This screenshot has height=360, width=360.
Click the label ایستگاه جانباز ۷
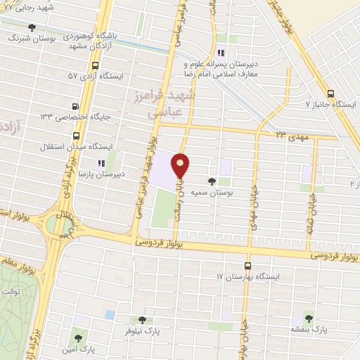click(331, 104)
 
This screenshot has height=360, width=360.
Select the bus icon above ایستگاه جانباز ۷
click(330, 93)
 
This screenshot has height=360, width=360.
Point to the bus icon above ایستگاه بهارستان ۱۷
click(247, 266)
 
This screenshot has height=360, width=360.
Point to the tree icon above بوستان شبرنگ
click(32, 27)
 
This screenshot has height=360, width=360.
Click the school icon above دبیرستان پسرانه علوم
click(220, 53)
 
